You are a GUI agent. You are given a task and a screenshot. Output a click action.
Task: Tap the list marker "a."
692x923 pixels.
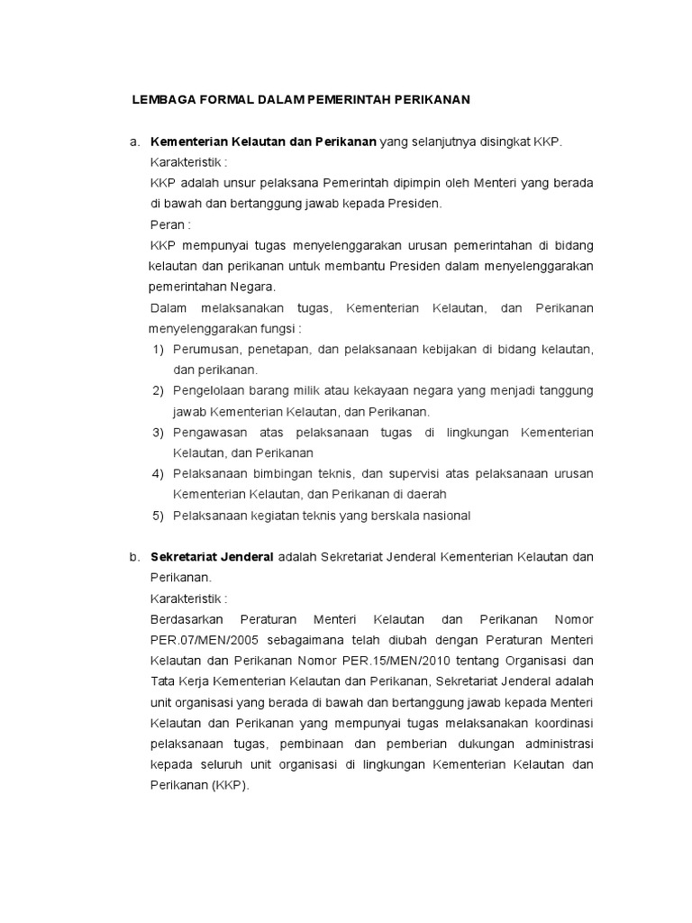(x=134, y=142)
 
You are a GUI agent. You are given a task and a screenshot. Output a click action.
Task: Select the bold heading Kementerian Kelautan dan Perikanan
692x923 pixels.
(x=263, y=142)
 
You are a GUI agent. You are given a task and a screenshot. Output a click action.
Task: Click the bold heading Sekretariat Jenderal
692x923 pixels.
(x=212, y=557)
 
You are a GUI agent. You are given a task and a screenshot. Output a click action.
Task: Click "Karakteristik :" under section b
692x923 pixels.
(x=188, y=599)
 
